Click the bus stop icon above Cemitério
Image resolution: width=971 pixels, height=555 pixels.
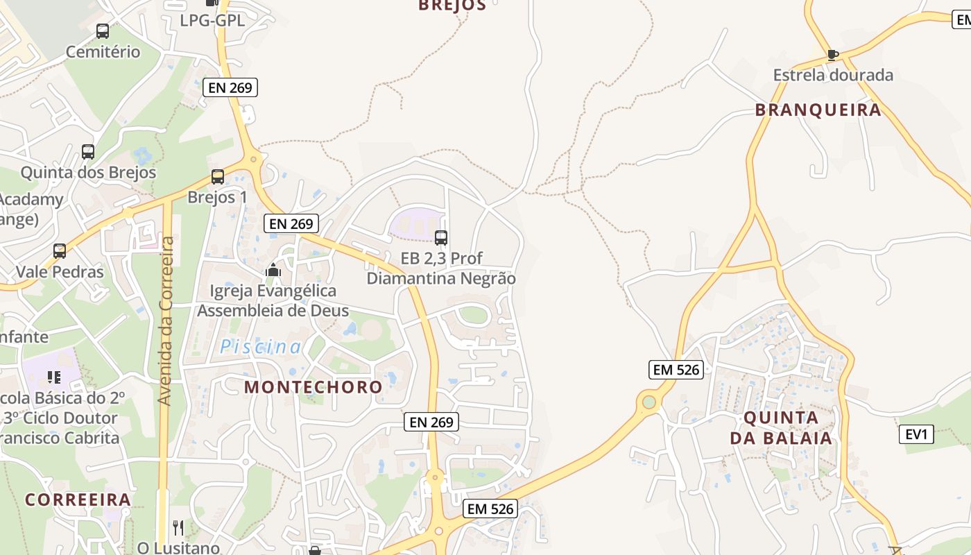tap(103, 31)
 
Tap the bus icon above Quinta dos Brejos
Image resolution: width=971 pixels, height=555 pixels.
tap(88, 152)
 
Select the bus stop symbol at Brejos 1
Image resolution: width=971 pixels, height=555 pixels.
tap(218, 177)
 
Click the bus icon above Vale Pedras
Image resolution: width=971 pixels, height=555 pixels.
tap(60, 251)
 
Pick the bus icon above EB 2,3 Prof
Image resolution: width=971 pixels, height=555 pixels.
tap(441, 238)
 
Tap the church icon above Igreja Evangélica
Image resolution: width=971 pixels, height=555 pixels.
tap(273, 270)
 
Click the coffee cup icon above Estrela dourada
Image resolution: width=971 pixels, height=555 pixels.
tap(833, 55)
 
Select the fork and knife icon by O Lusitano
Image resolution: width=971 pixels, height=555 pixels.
tap(178, 528)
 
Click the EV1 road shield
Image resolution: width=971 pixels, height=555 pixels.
tap(916, 434)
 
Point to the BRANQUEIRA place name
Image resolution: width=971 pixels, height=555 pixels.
tap(818, 110)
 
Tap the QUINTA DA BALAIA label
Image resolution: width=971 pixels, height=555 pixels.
tap(781, 428)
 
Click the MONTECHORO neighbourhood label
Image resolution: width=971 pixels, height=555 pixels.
tap(313, 387)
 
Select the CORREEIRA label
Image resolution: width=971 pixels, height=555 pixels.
tap(78, 499)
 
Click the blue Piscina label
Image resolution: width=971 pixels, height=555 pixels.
tap(261, 347)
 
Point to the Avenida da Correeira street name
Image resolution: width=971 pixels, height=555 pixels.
tap(165, 321)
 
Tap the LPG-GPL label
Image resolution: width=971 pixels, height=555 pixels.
tap(212, 20)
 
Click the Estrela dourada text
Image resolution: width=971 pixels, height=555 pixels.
tap(833, 75)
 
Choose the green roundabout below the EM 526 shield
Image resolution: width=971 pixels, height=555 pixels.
tap(648, 402)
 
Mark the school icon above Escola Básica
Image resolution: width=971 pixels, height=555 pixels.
tap(53, 377)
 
